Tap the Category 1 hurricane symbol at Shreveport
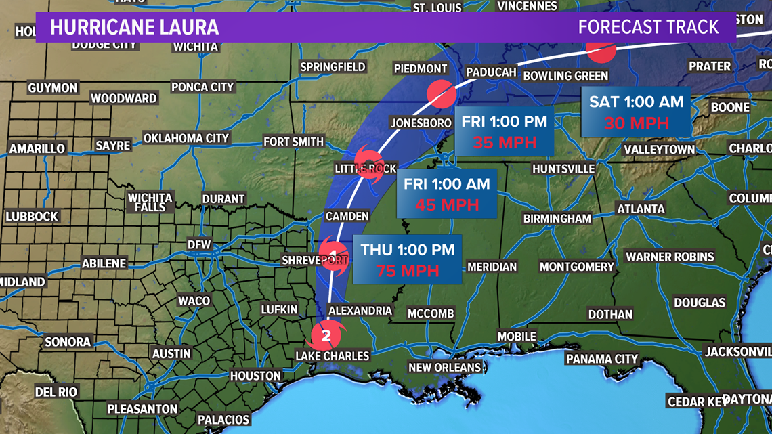click(x=333, y=256)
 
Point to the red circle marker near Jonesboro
click(x=442, y=94)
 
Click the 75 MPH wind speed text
click(x=408, y=272)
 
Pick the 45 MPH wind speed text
click(x=447, y=204)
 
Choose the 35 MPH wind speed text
click(x=505, y=143)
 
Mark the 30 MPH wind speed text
click(x=637, y=123)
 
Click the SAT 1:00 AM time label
click(x=636, y=102)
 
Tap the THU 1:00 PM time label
click(x=408, y=250)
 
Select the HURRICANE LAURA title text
click(x=134, y=28)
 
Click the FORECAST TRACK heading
click(x=648, y=27)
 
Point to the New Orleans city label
click(x=445, y=368)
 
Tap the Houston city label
click(x=255, y=376)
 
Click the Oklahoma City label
click(x=186, y=138)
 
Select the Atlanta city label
click(x=641, y=209)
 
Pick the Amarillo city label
click(x=37, y=148)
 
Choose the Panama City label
click(x=602, y=359)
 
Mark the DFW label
click(x=200, y=244)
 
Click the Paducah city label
click(x=492, y=72)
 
